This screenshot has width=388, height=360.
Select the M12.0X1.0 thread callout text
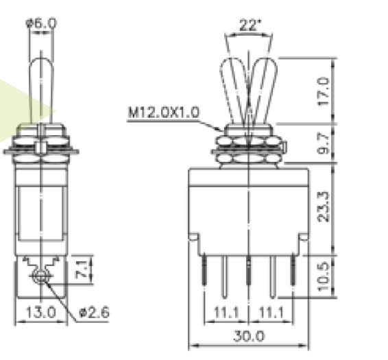click(x=162, y=112)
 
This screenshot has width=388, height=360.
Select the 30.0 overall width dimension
click(x=249, y=337)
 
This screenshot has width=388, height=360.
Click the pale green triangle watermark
click(x=27, y=110)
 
